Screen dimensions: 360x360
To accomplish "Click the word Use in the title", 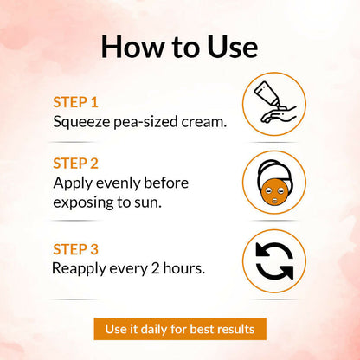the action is [x=233, y=47].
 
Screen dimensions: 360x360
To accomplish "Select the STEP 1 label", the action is [x=75, y=102].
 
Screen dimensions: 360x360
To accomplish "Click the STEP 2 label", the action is [x=75, y=164].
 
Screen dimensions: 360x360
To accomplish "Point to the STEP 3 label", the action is [x=75, y=249].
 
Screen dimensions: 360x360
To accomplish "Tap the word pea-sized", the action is [x=145, y=122].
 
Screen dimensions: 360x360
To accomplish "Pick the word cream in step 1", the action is [x=202, y=122].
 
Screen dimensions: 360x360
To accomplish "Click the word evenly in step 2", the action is [x=118, y=183].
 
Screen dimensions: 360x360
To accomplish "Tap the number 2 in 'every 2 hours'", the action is [x=155, y=268].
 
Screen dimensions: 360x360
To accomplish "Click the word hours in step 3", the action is [x=183, y=268].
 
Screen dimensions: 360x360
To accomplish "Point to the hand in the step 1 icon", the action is [x=278, y=115].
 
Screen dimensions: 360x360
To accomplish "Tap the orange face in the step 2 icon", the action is [x=273, y=192].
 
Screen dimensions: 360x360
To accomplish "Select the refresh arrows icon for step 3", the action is [x=274, y=261].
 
